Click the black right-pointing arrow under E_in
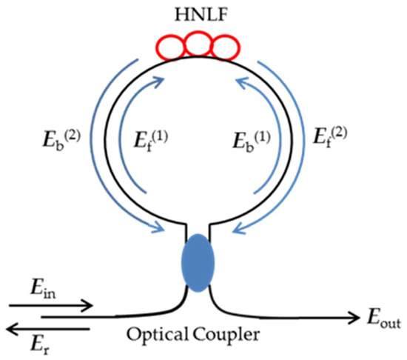(x=52, y=304)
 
